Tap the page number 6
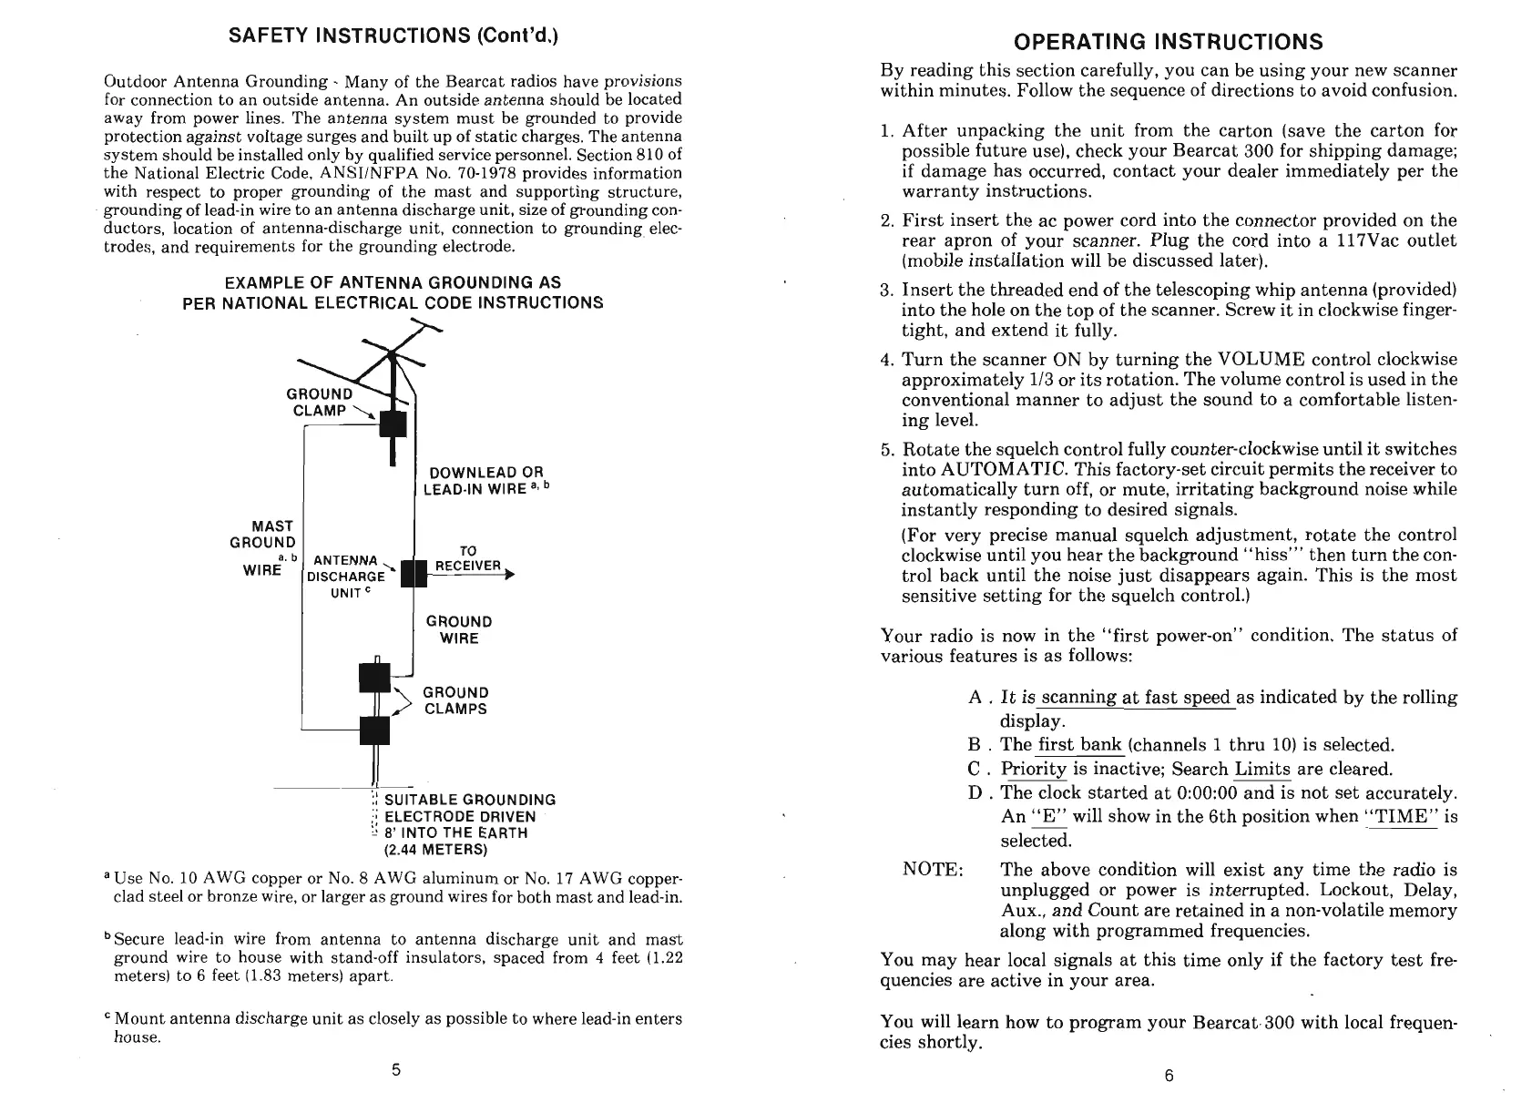point(1169,1076)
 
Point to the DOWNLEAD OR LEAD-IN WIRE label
point(486,480)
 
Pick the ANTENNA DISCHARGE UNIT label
point(347,576)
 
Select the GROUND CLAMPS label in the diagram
point(455,700)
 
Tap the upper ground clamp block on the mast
point(393,424)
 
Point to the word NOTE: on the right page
point(933,869)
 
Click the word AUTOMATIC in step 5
point(999,469)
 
